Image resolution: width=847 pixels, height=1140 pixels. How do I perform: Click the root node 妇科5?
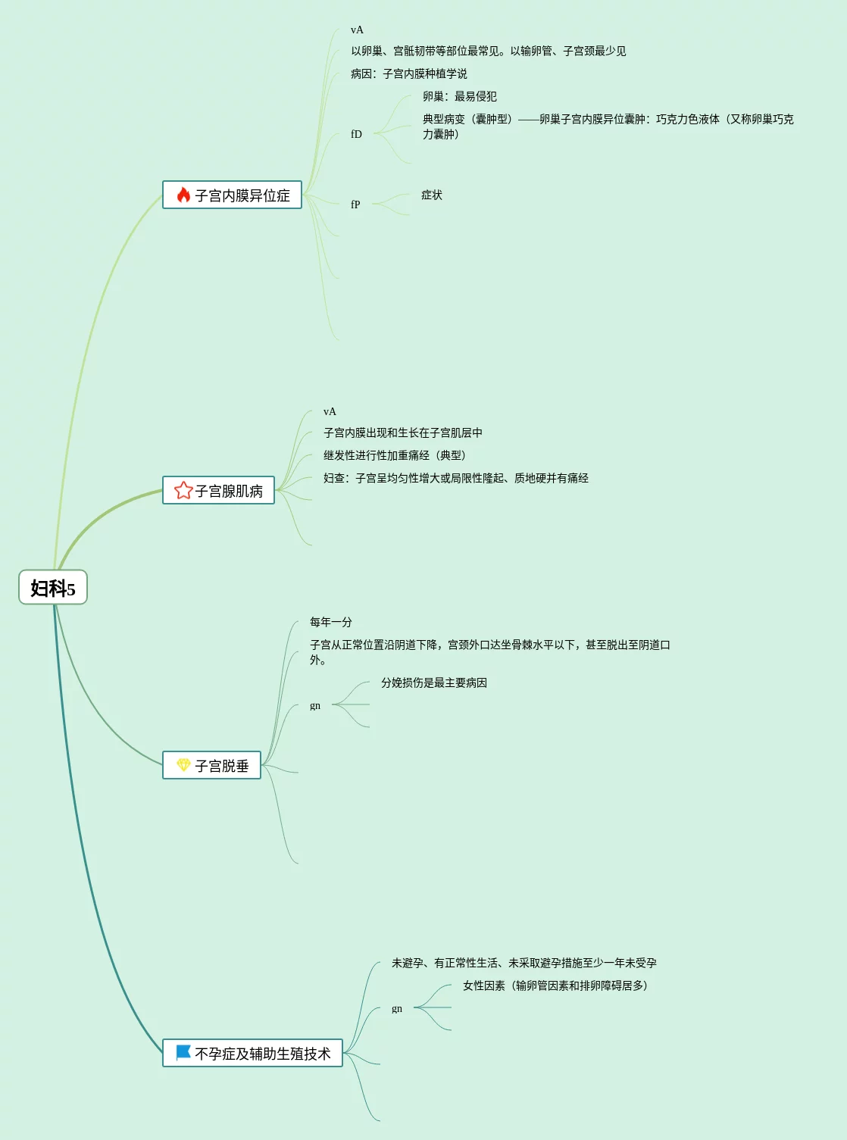53,588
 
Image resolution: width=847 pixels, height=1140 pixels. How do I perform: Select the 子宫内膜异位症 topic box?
233,195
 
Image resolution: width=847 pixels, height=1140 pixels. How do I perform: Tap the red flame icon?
183,195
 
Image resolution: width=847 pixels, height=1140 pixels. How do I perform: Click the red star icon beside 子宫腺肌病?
183,491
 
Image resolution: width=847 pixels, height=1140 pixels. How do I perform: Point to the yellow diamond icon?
183,765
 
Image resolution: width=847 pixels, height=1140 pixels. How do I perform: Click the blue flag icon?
183,1053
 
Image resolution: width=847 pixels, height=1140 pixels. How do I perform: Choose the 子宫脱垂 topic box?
212,766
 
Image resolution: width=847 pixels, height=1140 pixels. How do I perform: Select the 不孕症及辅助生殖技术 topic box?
253,1054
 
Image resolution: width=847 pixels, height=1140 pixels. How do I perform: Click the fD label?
356,134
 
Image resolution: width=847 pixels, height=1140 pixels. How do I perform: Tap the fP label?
355,205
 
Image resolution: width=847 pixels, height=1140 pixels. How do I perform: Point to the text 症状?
432,195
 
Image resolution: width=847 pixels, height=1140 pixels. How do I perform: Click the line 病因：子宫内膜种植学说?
409,74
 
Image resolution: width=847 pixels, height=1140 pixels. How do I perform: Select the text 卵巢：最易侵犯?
460,97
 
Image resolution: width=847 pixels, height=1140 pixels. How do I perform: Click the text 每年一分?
331,623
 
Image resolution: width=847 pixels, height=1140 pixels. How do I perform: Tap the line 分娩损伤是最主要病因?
434,683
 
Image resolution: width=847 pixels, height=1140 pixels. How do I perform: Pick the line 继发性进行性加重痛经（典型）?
394,456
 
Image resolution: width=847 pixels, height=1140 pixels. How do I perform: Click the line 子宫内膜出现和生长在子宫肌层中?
403,433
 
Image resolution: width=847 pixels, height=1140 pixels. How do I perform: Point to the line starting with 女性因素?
555,986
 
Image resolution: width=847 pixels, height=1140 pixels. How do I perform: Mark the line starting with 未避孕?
524,964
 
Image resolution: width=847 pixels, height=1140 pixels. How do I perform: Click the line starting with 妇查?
456,479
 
